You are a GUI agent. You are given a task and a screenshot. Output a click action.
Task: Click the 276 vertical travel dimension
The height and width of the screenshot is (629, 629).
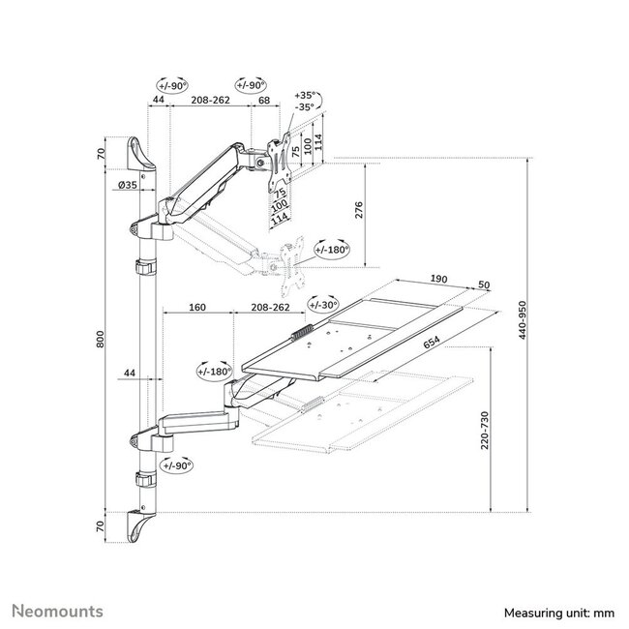pyautogui.click(x=359, y=215)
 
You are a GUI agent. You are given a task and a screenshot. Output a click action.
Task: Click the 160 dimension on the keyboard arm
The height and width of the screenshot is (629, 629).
pyautogui.click(x=197, y=308)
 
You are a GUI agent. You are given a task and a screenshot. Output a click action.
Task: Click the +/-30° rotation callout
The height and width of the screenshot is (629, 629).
pyautogui.click(x=323, y=304)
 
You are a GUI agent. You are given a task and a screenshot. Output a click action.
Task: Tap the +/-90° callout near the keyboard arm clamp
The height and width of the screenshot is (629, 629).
pyautogui.click(x=177, y=465)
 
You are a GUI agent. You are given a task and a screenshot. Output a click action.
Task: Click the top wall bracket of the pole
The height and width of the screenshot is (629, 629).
pyautogui.click(x=139, y=155)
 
